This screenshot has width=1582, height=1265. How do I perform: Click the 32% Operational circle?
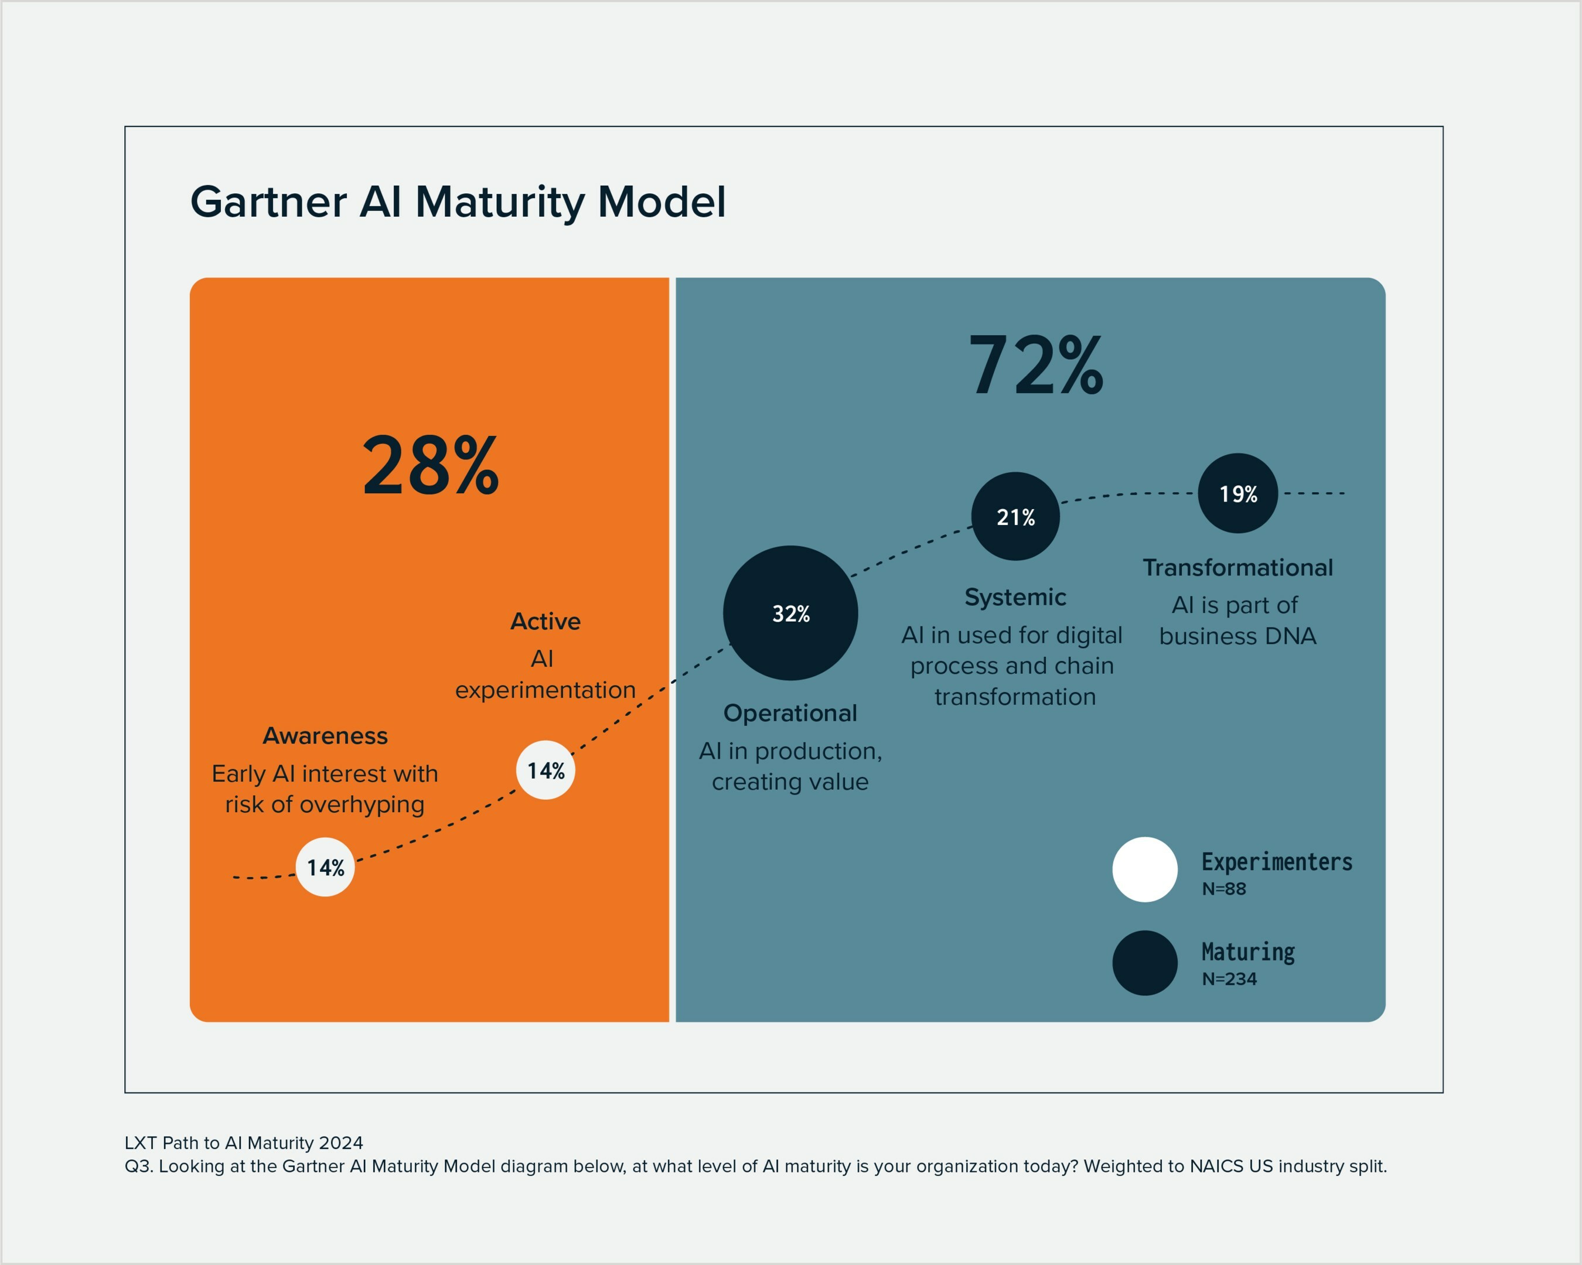tap(790, 613)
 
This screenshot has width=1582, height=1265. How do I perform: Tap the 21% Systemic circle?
tap(1015, 517)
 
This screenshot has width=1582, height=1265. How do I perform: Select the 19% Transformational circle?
tap(1238, 493)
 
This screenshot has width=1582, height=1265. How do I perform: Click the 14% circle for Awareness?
tap(325, 867)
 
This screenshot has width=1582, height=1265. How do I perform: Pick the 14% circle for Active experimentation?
tap(546, 770)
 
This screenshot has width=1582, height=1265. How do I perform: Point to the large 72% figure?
tap(1035, 364)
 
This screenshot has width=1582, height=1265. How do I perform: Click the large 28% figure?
tap(431, 465)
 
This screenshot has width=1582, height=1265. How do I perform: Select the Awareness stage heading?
tap(325, 735)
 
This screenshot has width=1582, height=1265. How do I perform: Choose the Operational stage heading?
tap(790, 712)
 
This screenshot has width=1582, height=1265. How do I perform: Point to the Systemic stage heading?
tap(1015, 596)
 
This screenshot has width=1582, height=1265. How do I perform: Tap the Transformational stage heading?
tap(1238, 567)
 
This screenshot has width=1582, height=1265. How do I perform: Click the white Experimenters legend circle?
tap(1145, 869)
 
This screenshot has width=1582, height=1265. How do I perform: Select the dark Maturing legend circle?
tap(1145, 963)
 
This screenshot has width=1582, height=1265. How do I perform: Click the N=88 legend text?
tap(1224, 889)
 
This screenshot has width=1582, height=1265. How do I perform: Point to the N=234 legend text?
tap(1229, 979)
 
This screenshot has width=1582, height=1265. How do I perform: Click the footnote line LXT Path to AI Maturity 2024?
tap(244, 1143)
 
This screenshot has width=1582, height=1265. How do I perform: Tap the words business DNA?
tap(1238, 636)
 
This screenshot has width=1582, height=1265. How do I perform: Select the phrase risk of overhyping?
tap(325, 804)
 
